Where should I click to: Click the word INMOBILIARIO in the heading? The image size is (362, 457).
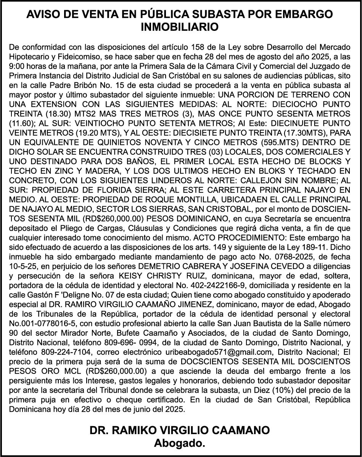coord(180,27)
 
